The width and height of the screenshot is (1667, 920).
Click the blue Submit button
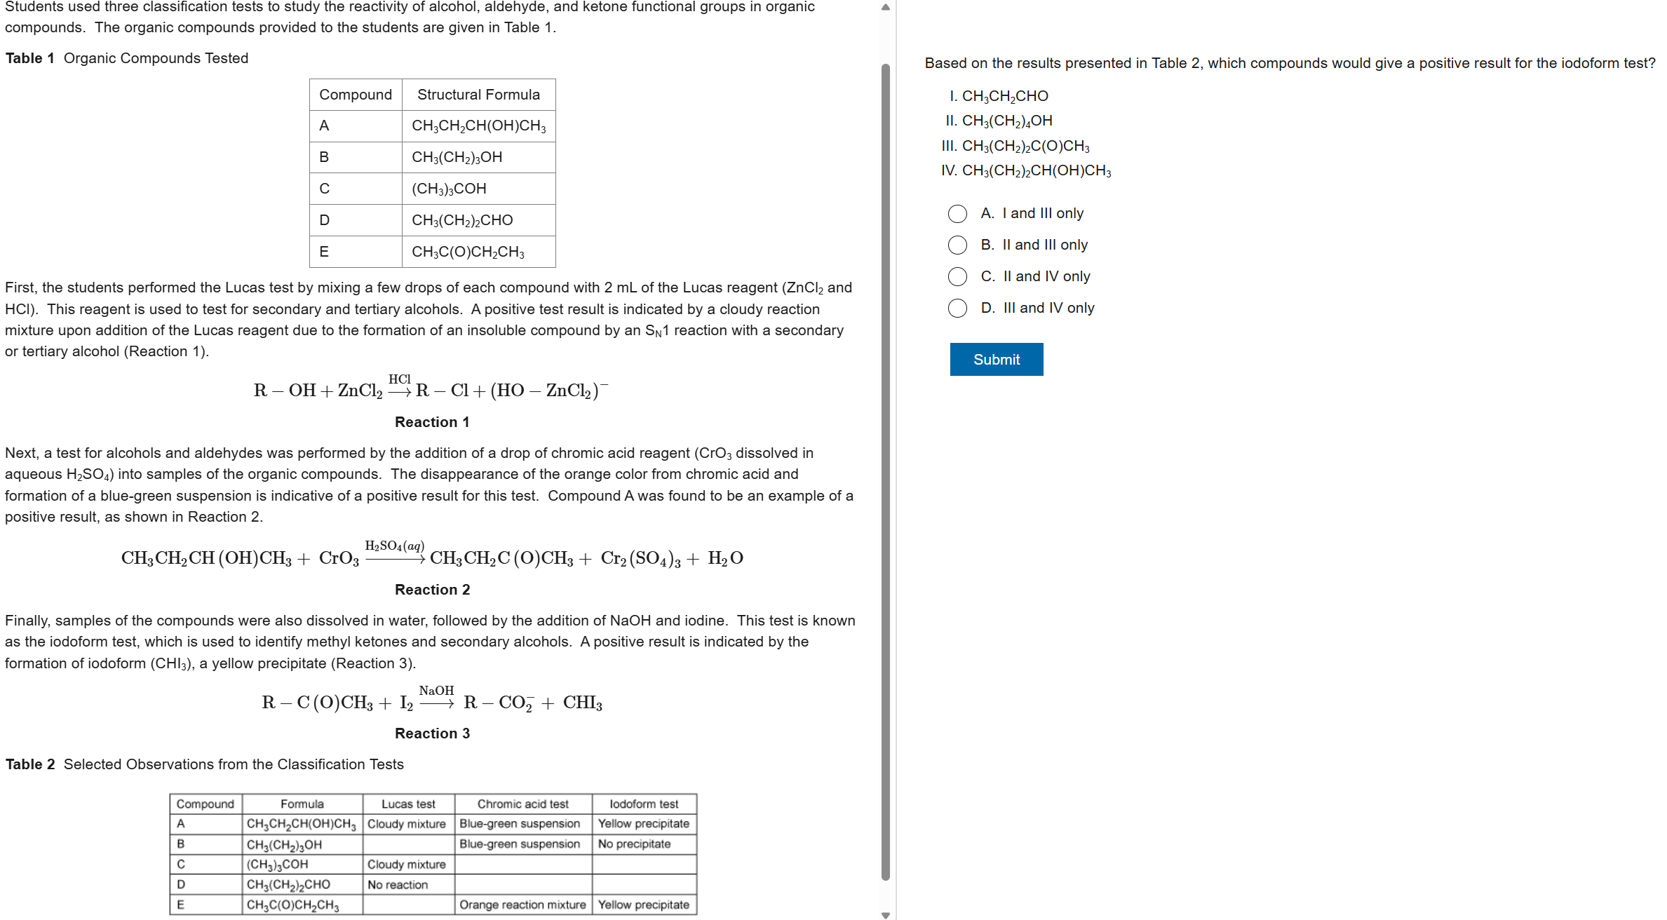coord(996,359)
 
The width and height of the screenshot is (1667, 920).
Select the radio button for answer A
coord(957,214)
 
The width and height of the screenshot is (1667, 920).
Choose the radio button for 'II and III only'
coord(957,245)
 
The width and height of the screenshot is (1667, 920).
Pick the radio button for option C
coord(957,277)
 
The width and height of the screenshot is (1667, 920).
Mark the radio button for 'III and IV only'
coord(957,309)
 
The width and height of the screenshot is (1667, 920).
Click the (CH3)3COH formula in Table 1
coord(449,189)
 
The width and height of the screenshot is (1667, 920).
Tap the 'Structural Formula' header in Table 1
coord(478,95)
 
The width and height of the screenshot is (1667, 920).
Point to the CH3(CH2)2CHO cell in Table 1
coord(462,220)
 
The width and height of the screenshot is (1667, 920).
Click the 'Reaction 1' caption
coord(432,422)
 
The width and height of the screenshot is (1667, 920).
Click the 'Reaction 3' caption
coord(432,733)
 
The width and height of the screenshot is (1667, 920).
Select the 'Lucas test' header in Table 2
coord(408,804)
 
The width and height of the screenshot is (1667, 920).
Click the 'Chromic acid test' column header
coord(522,804)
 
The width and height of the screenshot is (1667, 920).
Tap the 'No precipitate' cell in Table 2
coord(634,844)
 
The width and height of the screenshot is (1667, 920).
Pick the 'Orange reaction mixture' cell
coord(522,905)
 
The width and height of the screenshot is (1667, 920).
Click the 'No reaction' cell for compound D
coord(398,885)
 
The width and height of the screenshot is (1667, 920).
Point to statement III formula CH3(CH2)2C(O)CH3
coord(1025,146)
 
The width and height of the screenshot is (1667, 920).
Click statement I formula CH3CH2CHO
coord(1005,96)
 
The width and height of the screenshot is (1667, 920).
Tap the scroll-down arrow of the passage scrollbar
coord(886,914)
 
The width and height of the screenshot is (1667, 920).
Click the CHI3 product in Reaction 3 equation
coord(582,703)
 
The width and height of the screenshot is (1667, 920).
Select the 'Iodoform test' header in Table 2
coord(644,804)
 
